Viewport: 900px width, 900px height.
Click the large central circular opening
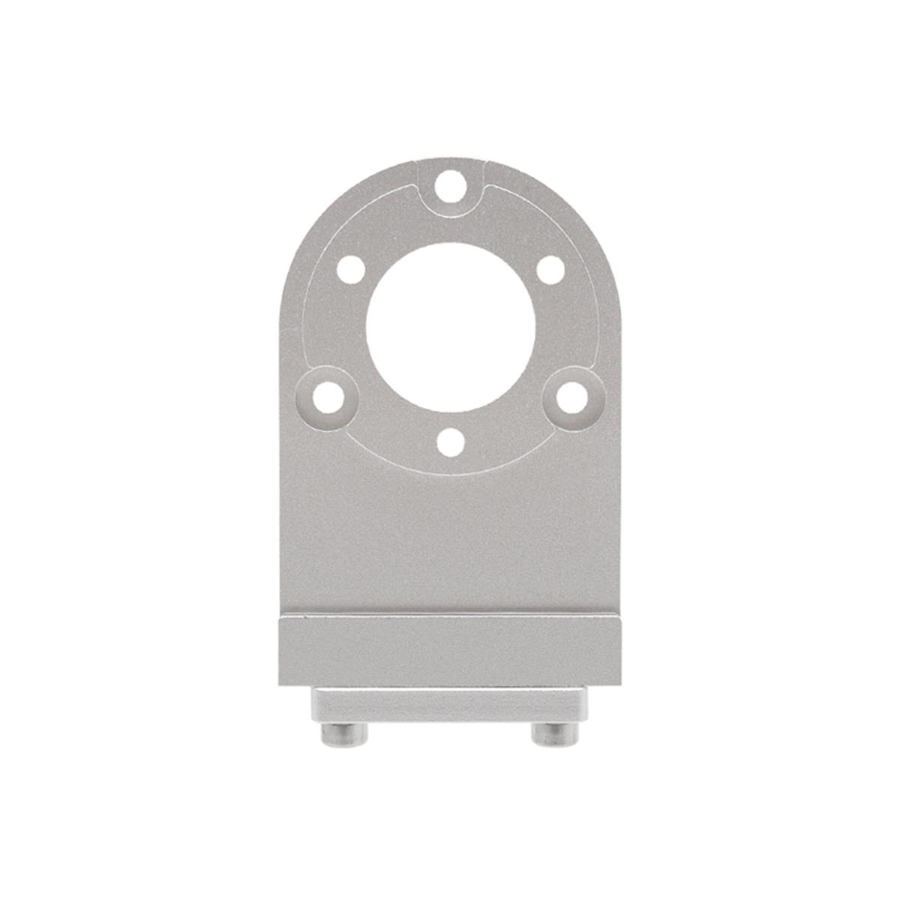[x=450, y=328]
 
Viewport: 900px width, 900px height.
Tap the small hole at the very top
[x=449, y=184]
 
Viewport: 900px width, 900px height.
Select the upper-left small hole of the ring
[x=350, y=269]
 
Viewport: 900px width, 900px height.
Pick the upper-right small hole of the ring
[x=550, y=269]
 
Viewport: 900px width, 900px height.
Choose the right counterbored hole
[x=572, y=397]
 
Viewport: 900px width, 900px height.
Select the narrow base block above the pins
[x=450, y=705]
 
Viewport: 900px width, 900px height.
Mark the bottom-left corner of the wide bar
[x=280, y=684]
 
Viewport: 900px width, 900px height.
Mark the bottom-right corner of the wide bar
[x=620, y=684]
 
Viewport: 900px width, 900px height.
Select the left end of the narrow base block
[x=315, y=705]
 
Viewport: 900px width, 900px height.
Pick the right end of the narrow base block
[x=585, y=705]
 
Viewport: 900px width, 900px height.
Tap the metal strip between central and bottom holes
[x=450, y=420]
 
